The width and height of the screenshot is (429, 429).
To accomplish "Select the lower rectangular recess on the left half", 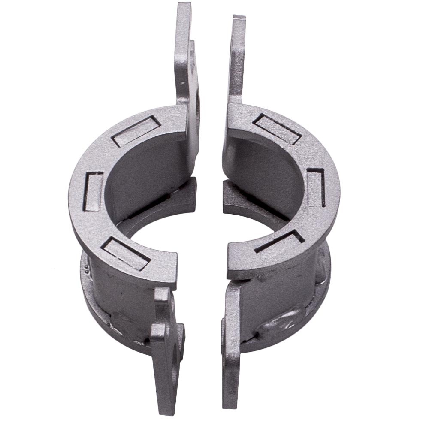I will tap(126, 253).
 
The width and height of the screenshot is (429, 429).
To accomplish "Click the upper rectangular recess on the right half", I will tap(276, 128).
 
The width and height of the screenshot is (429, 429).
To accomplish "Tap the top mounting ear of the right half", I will tap(238, 56).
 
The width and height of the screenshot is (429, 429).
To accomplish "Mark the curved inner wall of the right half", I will tap(266, 172).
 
